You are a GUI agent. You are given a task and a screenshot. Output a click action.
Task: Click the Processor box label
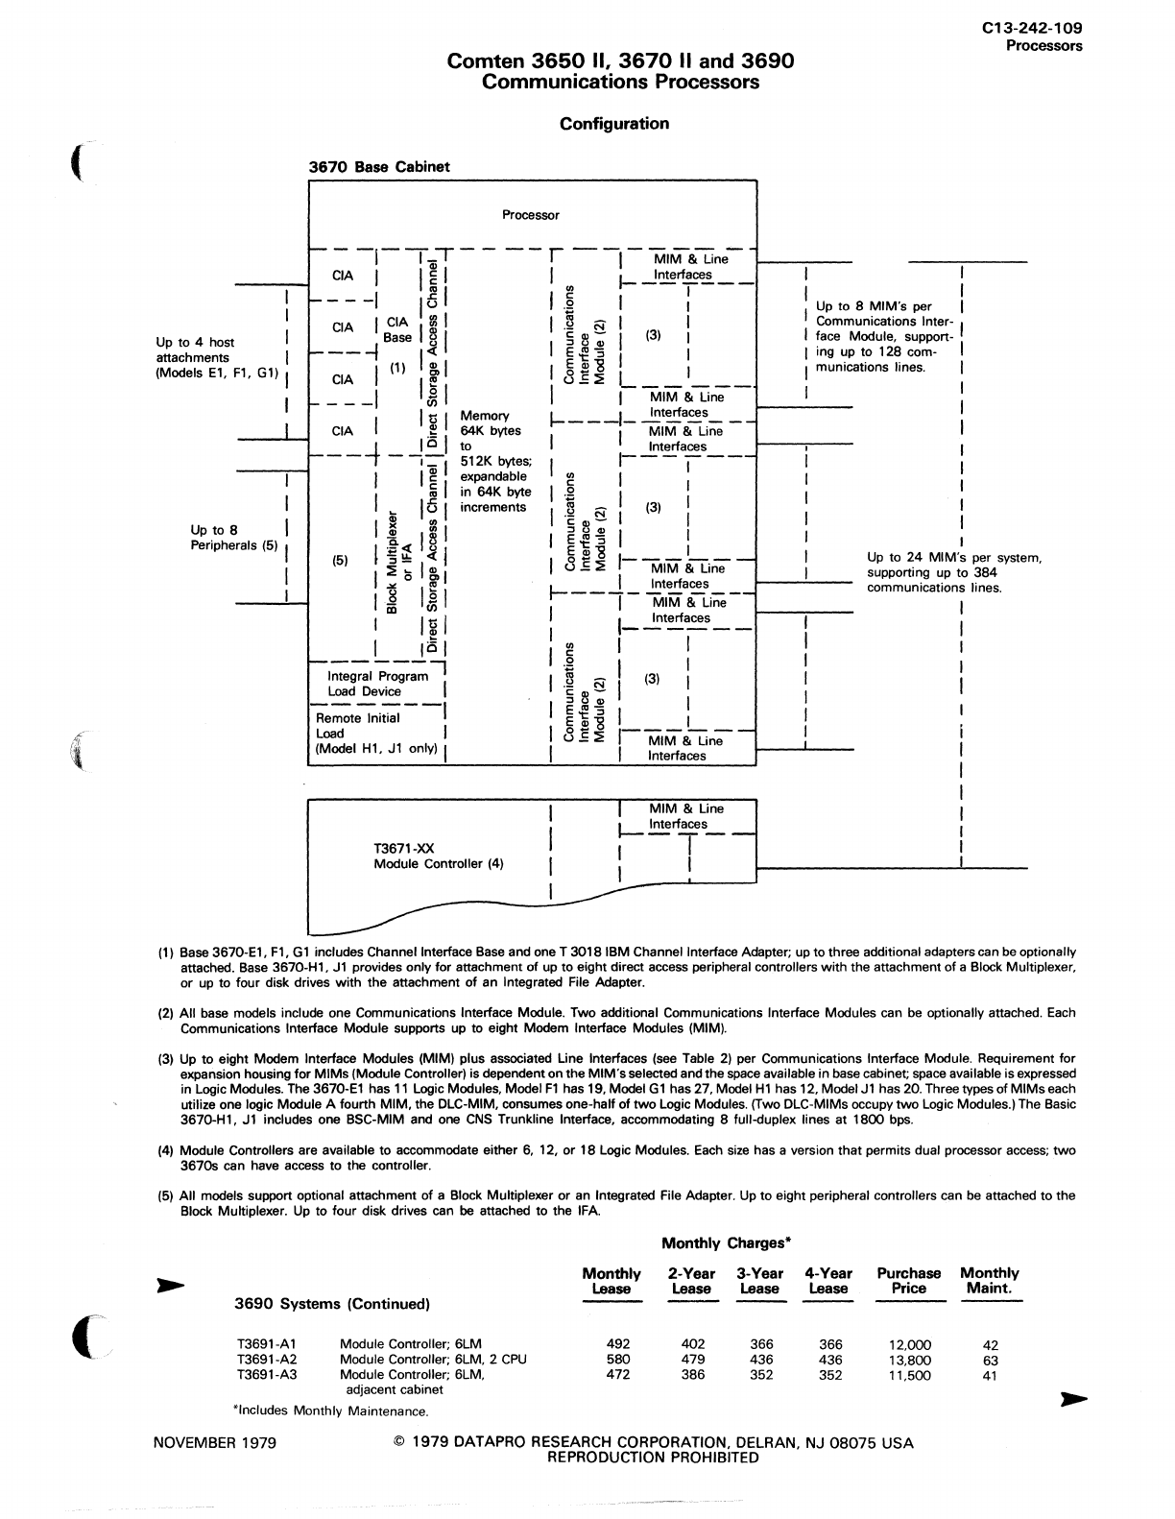point(530,215)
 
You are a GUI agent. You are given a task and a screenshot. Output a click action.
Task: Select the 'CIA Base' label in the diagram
point(397,329)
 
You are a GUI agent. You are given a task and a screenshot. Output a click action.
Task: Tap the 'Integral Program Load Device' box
point(372,684)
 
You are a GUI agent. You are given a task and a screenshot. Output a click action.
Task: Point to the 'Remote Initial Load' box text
point(375,733)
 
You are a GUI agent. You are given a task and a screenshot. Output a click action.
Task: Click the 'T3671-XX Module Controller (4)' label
point(438,856)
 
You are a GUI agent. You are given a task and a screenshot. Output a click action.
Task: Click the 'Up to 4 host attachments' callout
point(216,357)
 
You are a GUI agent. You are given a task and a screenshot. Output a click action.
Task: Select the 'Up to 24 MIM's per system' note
point(953,572)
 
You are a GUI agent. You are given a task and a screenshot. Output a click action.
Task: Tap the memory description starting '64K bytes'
point(494,461)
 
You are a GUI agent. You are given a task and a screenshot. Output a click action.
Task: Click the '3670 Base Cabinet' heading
point(379,166)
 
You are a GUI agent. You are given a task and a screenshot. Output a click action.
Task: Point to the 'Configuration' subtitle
point(614,123)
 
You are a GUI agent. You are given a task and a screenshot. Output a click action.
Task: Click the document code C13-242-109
point(1032,30)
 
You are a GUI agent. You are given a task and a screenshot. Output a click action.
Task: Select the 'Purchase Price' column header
point(908,1281)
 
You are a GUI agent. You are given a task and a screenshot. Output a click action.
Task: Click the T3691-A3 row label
point(266,1375)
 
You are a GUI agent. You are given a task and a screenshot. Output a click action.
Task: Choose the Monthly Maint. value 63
point(991,1360)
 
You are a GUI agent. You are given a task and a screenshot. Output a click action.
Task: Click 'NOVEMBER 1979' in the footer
point(215,1442)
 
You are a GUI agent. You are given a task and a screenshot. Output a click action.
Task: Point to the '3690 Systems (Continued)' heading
point(332,1304)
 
